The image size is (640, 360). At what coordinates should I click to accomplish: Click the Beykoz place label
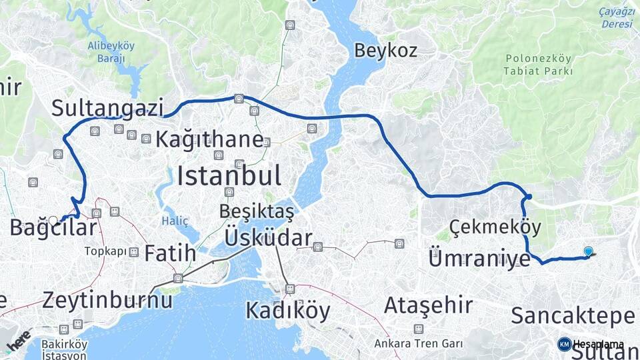(385, 50)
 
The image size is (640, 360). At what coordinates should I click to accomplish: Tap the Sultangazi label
(107, 107)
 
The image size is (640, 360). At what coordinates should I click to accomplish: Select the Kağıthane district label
(209, 139)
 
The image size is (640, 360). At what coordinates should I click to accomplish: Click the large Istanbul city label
(229, 176)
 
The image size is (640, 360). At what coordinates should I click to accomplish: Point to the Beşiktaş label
(257, 211)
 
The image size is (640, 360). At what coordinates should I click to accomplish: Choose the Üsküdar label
(269, 238)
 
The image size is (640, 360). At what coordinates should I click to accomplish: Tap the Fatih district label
(170, 253)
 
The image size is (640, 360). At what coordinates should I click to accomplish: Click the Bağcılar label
(53, 227)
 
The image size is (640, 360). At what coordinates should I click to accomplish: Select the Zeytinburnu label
(107, 299)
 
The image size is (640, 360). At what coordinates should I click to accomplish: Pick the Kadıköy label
(288, 311)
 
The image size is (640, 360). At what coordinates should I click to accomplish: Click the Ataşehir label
(428, 306)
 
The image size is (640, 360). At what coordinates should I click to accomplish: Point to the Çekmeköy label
(495, 227)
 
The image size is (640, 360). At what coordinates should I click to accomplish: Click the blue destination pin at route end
(588, 251)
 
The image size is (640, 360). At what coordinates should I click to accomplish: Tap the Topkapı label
(105, 252)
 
